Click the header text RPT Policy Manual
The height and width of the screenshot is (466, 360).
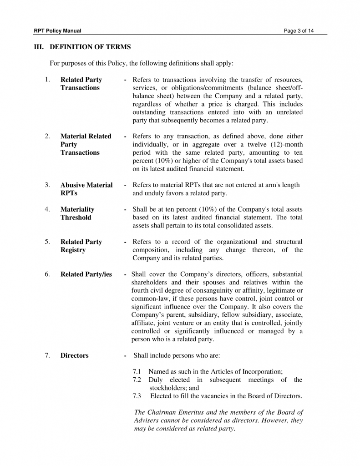point(57,31)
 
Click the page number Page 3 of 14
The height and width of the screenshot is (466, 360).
point(299,31)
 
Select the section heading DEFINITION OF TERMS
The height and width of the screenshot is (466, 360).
point(90,47)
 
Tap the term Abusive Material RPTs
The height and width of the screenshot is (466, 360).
point(86,189)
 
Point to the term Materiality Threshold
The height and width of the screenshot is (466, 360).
point(77,213)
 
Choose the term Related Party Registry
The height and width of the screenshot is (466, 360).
point(81,246)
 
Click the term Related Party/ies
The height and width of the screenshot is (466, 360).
point(86,274)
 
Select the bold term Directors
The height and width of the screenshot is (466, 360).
point(75,355)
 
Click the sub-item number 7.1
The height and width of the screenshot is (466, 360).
point(137,372)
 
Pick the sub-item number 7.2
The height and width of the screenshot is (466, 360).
point(137,380)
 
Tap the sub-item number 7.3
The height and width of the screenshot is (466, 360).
point(137,396)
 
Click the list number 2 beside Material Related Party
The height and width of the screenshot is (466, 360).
point(47,136)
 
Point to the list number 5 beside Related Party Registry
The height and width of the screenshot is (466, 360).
point(47,242)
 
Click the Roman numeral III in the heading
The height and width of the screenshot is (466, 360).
point(39,47)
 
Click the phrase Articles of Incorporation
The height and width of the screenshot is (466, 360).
point(247,372)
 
